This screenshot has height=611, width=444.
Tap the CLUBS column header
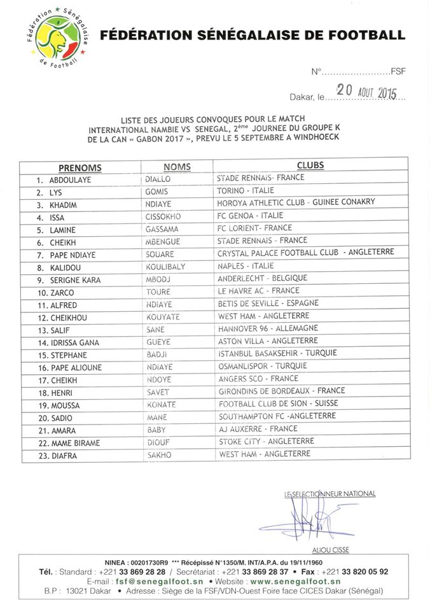pos(310,165)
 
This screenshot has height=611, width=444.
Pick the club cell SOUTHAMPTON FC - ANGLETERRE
pos(267,416)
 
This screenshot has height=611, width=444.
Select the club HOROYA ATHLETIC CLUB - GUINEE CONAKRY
pos(296,202)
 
